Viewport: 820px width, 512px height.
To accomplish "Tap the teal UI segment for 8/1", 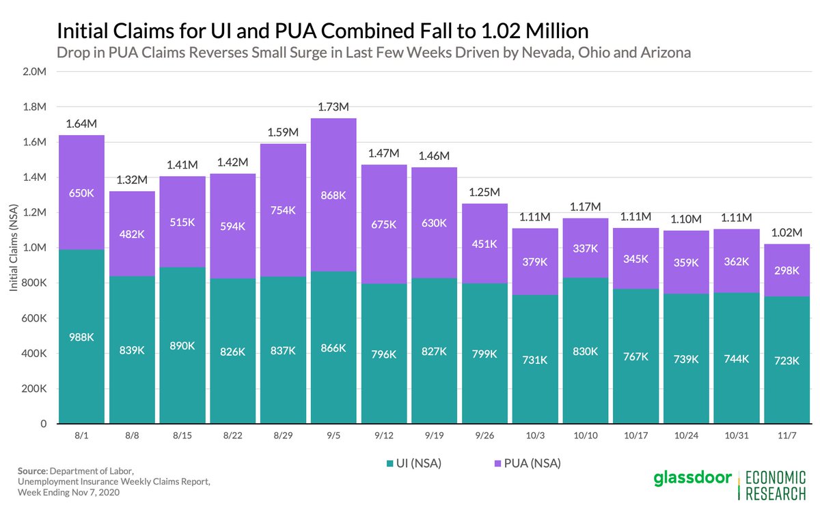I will tap(81, 337).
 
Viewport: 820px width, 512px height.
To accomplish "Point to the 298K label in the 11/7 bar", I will tap(787, 270).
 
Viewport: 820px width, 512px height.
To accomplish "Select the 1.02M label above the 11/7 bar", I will tap(787, 232).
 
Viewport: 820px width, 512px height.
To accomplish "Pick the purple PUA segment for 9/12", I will tap(384, 224).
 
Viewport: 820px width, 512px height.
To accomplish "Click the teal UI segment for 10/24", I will tap(686, 359).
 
